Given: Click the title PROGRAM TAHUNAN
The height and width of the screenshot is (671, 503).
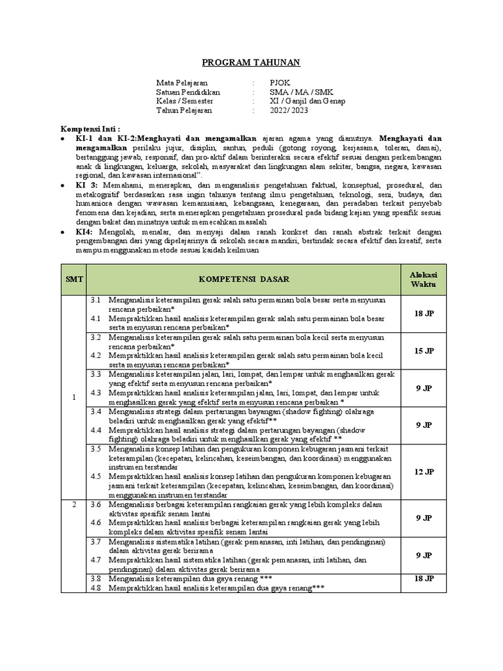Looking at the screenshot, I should coord(250,62).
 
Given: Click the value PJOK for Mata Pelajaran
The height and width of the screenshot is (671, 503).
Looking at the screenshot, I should coord(278,83).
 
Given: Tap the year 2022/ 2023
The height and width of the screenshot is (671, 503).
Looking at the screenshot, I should coord(289,111).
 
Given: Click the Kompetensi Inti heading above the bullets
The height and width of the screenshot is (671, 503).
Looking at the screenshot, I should coord(90,129).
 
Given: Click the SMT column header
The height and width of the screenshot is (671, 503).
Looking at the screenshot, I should coord(73,279).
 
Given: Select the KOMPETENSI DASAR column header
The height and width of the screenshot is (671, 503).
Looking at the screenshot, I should coord(244,279).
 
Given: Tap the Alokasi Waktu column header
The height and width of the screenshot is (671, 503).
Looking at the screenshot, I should coord(422,279).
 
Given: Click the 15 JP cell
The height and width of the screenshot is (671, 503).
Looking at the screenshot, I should coord(424,351).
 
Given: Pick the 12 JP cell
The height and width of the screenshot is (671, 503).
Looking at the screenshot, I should coord(424,471).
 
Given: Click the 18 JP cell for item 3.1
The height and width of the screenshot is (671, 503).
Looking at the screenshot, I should coord(424,314).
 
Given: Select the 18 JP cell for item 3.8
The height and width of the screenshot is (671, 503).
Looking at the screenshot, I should coord(424,579).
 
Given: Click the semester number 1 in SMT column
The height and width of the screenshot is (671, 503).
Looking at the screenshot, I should coord(74,397).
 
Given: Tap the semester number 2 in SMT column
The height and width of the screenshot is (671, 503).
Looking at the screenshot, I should coord(74,505).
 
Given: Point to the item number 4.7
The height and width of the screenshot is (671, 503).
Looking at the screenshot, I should coord(96,560).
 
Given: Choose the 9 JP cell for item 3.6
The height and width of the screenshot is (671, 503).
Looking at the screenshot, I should coord(424,518).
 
